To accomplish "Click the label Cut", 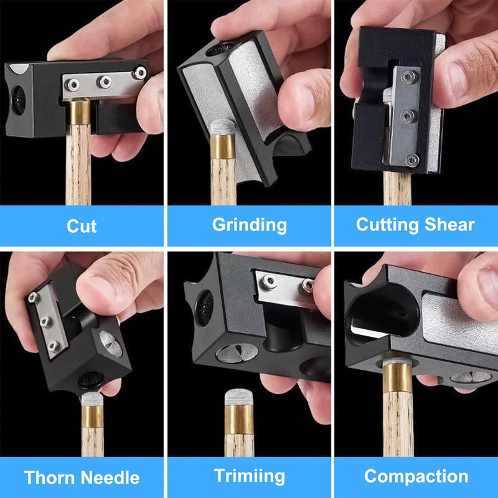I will click(82, 225).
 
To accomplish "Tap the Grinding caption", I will click(249, 225).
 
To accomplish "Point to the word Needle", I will click(110, 478).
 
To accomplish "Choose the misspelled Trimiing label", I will click(249, 477).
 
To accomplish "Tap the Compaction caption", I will click(415, 477).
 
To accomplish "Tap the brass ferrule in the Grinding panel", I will click(222, 150).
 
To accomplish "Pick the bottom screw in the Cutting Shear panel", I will click(410, 160).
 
